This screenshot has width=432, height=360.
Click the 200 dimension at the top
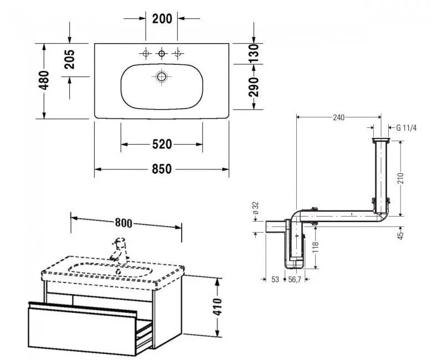coord(162,19)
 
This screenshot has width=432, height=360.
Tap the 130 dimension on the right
coord(254,53)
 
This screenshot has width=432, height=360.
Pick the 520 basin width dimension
coord(162,144)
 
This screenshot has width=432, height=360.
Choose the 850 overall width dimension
coord(162,168)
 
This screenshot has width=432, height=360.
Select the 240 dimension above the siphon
coord(338,117)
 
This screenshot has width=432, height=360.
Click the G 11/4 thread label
coord(405,127)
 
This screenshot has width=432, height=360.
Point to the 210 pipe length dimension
coord(400,178)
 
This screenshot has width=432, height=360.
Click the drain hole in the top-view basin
coord(162,77)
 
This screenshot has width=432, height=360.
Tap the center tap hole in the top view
coord(162,53)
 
